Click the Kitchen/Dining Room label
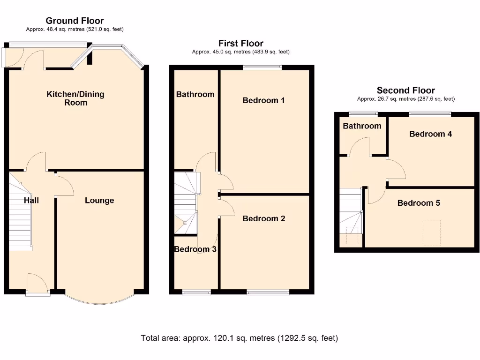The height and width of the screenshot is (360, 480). pos(75,98)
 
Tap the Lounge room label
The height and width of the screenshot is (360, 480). pos(99,201)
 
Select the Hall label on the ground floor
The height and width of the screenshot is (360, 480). pos(31,201)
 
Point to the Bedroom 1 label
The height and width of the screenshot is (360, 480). pos(263,100)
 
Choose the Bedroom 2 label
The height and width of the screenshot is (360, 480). pos(263,218)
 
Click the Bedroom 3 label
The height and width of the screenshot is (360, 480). pos(195,249)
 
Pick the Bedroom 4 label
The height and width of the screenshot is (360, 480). pos(430,134)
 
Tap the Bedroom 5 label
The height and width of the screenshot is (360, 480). pos(419,203)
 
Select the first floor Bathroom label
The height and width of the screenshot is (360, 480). pos(195,94)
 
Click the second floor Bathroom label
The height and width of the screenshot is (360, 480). pos(362,126)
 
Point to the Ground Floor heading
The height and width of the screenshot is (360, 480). pos(75,21)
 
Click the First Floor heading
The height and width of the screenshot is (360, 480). pos(241,44)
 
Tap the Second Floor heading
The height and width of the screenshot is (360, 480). pos(406,90)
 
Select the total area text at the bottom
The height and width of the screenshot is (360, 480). pos(240,338)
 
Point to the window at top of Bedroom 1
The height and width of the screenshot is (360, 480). pos(262,67)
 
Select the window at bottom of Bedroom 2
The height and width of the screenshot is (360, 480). pos(268,292)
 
